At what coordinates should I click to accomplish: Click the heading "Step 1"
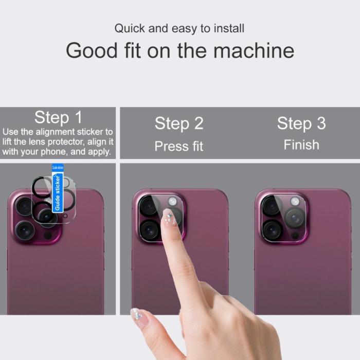coord(58,117)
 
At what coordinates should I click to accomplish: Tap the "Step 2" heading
coord(179,123)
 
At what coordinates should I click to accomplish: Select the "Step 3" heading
coord(301,123)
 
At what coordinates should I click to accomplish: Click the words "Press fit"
coord(179,147)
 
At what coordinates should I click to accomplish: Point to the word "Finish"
coord(301,145)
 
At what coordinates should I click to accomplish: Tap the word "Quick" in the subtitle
coord(129,28)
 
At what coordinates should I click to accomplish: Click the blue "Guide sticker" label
coord(58,193)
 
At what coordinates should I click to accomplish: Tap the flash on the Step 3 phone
coord(295,201)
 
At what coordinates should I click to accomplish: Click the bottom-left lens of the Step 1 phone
coord(25,230)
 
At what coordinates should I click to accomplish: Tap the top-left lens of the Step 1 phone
coord(24,207)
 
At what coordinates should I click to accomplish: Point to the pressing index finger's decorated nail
coord(168,218)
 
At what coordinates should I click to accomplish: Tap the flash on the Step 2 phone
coord(172,201)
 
